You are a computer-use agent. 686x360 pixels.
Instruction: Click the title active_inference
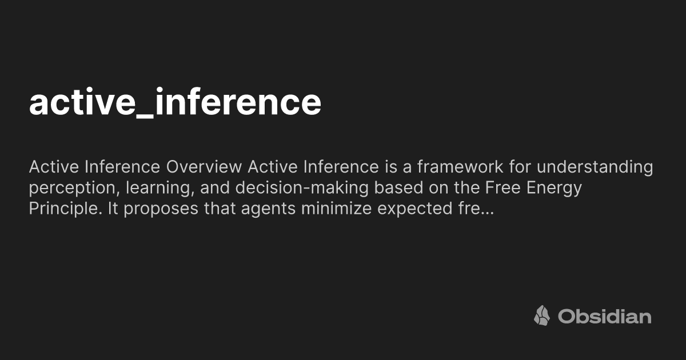tap(175, 103)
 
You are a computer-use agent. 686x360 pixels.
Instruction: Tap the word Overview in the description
tap(204, 167)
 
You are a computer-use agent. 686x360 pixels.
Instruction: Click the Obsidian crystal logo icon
tap(542, 315)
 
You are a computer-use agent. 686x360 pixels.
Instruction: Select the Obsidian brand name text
tap(605, 316)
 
